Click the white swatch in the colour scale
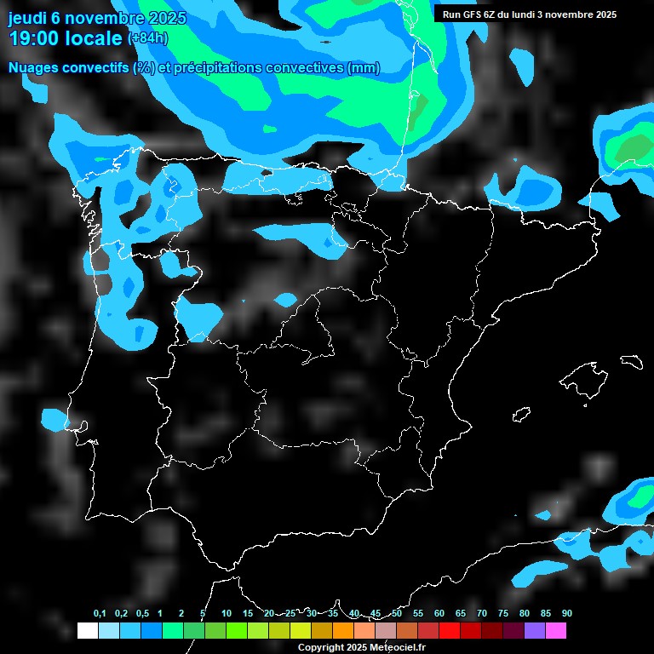87,631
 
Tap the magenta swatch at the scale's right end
555,631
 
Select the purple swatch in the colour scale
534,631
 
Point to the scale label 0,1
100,614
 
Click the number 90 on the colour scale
566,614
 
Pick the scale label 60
439,614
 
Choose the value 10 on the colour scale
226,614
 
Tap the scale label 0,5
142,614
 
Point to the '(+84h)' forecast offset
148,38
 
